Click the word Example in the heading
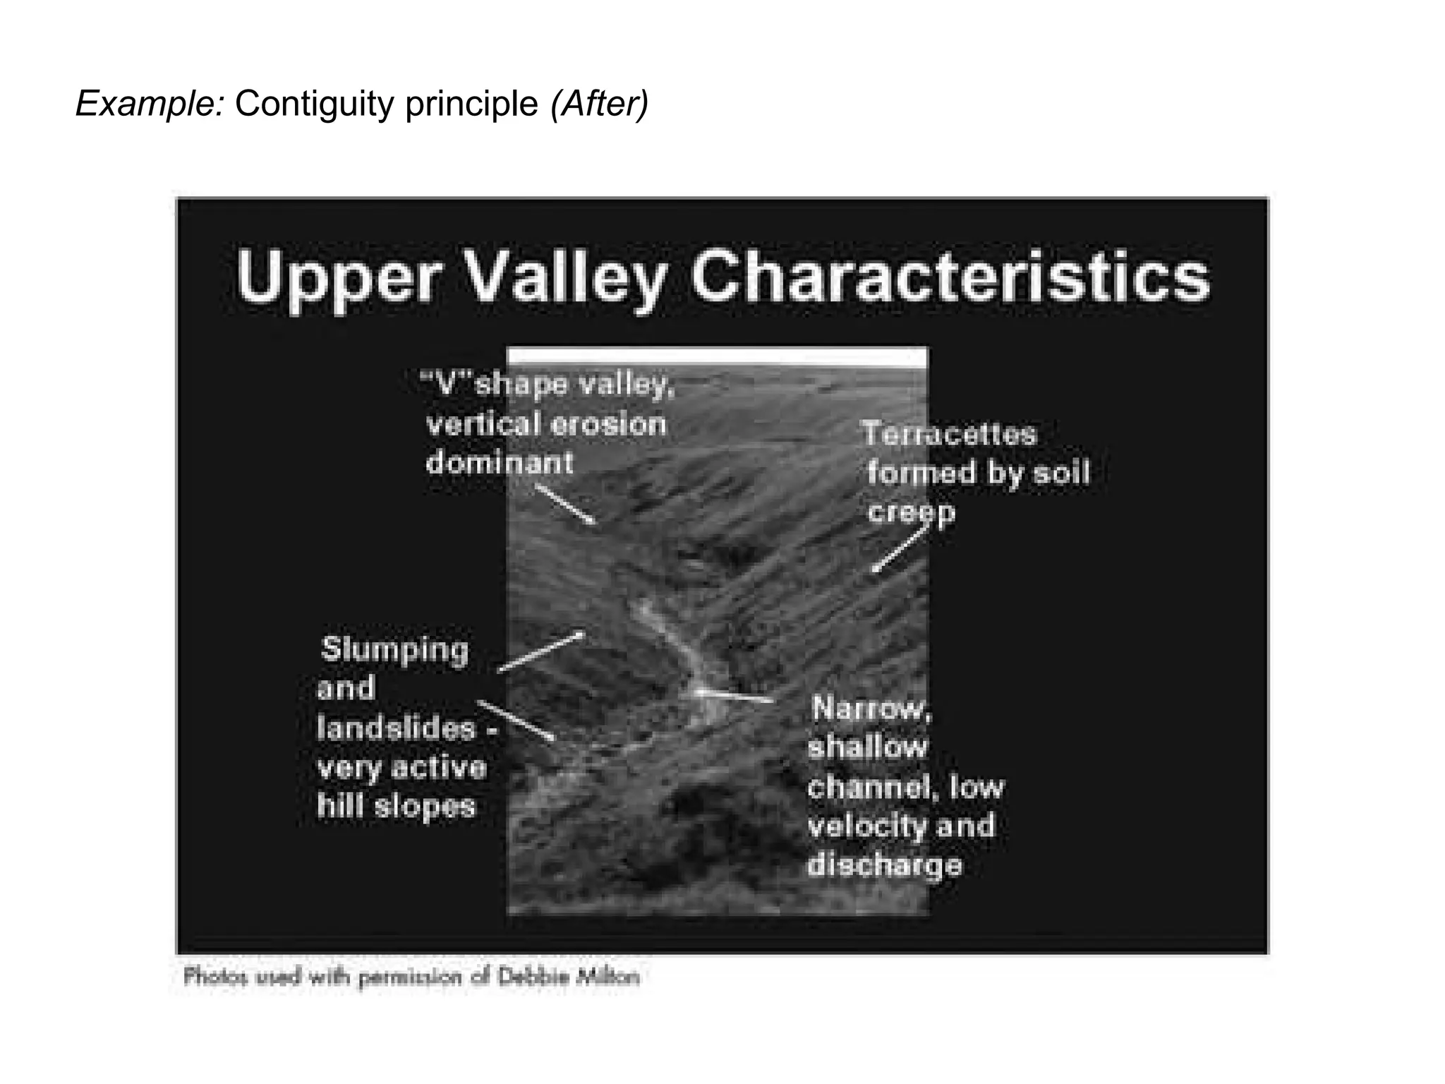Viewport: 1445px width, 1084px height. [x=149, y=104]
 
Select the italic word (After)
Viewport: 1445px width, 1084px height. [x=599, y=104]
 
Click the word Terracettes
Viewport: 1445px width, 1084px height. [x=950, y=434]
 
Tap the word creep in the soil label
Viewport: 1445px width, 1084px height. [x=911, y=513]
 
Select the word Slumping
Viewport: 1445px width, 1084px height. [x=394, y=649]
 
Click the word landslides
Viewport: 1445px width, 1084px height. [x=396, y=728]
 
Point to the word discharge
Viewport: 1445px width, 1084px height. [x=884, y=865]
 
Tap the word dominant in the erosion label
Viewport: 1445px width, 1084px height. [x=500, y=463]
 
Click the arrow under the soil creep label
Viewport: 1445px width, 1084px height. [x=897, y=550]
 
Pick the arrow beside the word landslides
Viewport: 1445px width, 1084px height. [x=516, y=720]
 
